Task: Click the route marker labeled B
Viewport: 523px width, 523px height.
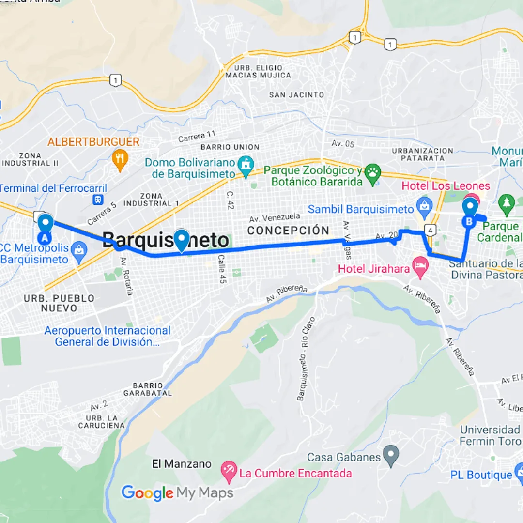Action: click(x=469, y=212)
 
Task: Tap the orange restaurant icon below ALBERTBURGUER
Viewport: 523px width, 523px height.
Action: click(x=120, y=159)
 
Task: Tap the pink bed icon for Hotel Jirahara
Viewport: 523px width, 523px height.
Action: click(x=419, y=266)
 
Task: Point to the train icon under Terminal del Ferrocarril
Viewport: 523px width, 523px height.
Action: click(x=98, y=199)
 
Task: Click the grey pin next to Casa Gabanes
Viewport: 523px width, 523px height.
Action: click(x=391, y=455)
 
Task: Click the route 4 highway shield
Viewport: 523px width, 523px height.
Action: click(x=429, y=229)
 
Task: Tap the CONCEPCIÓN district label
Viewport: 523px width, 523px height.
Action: click(x=288, y=231)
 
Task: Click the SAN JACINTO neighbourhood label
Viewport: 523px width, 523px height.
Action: click(x=296, y=95)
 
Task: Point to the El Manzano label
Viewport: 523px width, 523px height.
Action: click(x=182, y=464)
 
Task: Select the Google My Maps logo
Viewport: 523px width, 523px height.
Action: click(x=177, y=493)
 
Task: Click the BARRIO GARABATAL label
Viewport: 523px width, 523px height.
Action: click(x=147, y=389)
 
